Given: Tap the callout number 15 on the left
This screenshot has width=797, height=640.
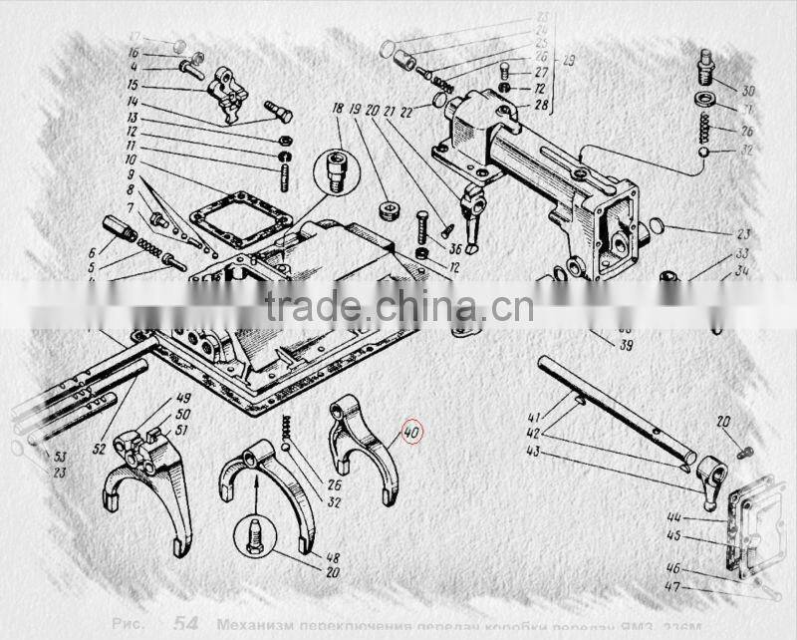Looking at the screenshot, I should pyautogui.click(x=132, y=86).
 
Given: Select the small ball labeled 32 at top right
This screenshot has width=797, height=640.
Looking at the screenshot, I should pyautogui.click(x=703, y=152).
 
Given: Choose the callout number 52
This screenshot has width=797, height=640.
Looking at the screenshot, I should pyautogui.click(x=99, y=450).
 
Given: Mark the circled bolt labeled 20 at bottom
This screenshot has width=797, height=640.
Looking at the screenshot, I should pyautogui.click(x=254, y=537).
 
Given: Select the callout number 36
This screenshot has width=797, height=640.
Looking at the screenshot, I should pyautogui.click(x=454, y=248).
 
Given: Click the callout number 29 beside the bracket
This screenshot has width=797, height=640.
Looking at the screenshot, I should pyautogui.click(x=569, y=62).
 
